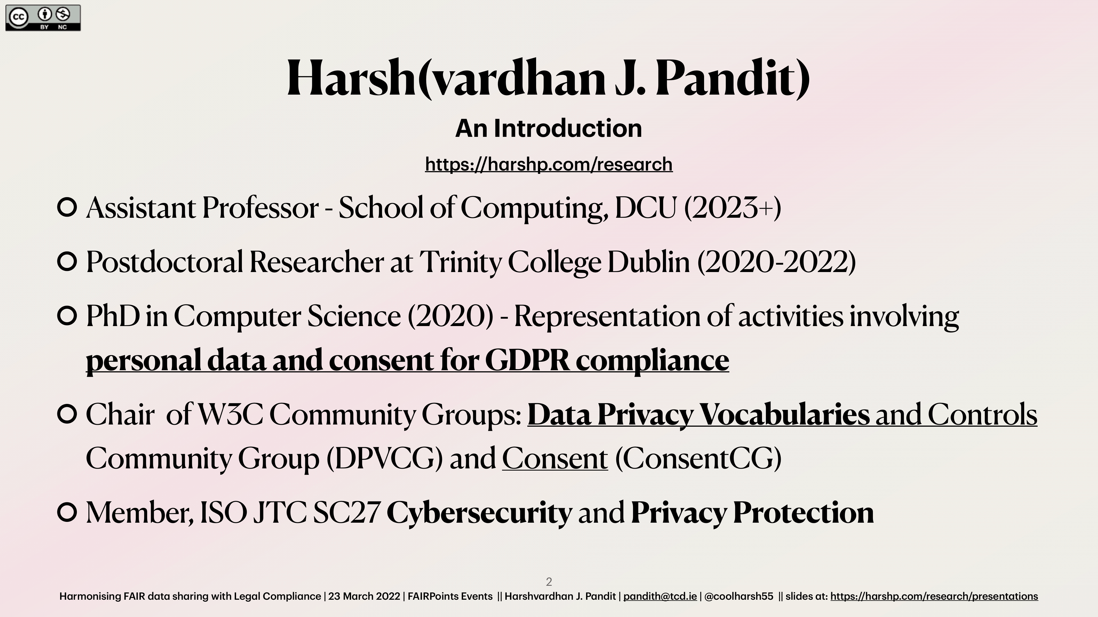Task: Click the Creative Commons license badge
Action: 43,18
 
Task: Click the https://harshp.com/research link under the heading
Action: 548,164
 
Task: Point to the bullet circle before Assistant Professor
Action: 67,207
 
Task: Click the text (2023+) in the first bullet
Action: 733,208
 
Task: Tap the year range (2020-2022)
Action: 777,262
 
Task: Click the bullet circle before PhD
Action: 67,316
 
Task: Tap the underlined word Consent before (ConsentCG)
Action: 555,458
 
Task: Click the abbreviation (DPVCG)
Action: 385,458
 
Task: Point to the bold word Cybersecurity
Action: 479,513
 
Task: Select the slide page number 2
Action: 549,582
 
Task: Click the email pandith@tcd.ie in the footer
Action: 660,596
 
